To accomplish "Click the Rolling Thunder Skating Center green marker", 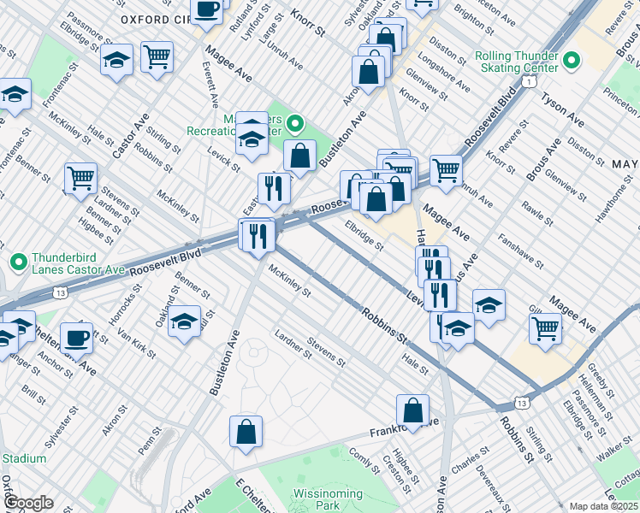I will (x=572, y=61).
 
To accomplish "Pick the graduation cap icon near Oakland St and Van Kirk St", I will (x=184, y=321).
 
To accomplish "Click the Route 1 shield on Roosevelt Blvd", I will (x=530, y=81).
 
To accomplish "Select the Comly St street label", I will (x=364, y=460).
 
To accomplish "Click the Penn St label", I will (x=149, y=445).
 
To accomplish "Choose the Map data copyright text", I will (x=604, y=506).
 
